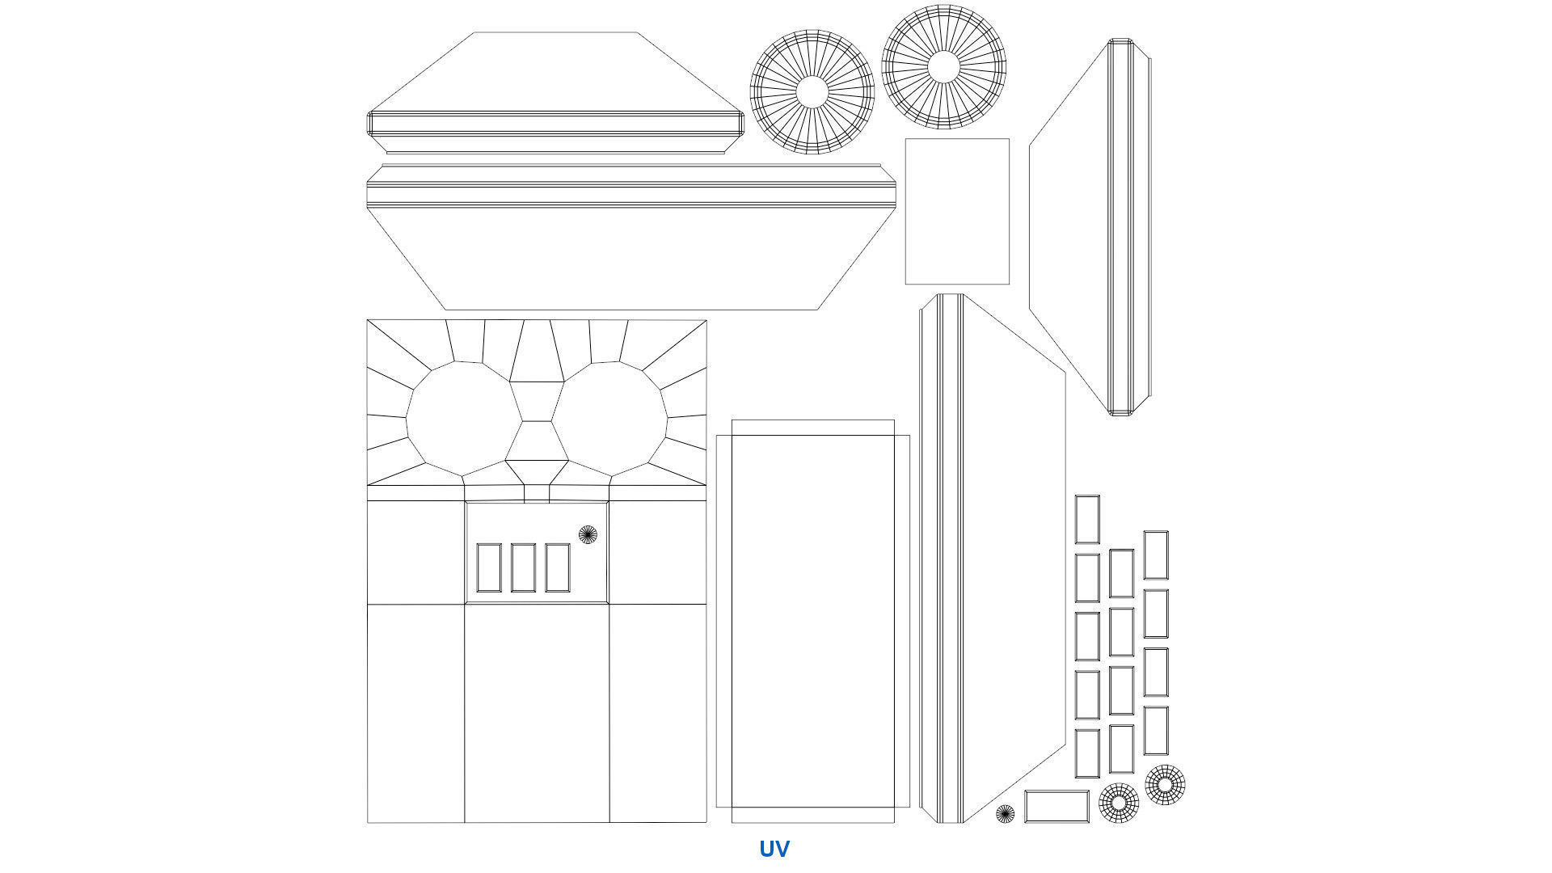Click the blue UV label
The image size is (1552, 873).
point(774,849)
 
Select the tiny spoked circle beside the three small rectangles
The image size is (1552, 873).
point(588,534)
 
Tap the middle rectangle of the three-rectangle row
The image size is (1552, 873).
point(523,567)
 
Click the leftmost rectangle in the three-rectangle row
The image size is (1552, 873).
point(489,567)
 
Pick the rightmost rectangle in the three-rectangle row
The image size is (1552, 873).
point(558,567)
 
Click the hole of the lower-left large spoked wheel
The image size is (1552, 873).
point(812,92)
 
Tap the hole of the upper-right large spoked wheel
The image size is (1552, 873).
point(943,67)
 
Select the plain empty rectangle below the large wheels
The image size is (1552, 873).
point(957,212)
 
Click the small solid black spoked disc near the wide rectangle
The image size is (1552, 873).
point(1005,814)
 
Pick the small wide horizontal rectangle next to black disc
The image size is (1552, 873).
point(1056,807)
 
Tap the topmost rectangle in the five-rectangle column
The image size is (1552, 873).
point(1087,519)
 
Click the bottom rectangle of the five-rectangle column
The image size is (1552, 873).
point(1087,753)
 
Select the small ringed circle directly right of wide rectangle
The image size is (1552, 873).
point(1119,803)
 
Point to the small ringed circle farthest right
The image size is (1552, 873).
point(1165,784)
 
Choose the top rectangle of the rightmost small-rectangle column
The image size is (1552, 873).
point(1156,555)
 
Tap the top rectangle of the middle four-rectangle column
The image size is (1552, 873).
point(1121,573)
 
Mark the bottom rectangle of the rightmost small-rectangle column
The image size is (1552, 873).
point(1156,731)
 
